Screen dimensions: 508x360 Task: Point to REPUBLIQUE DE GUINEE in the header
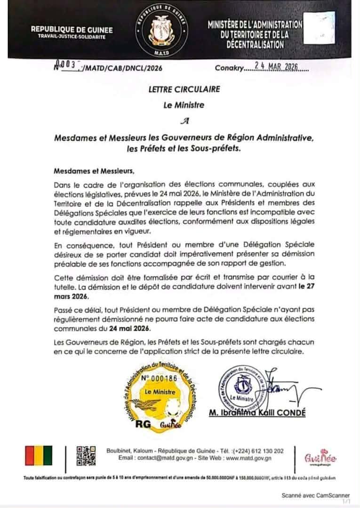[72, 29]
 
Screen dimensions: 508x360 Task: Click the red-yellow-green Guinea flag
[39, 456]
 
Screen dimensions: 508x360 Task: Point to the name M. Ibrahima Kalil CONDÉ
[256, 413]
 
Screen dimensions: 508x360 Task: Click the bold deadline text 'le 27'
[306, 289]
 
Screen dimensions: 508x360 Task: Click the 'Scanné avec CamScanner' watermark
[315, 495]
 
